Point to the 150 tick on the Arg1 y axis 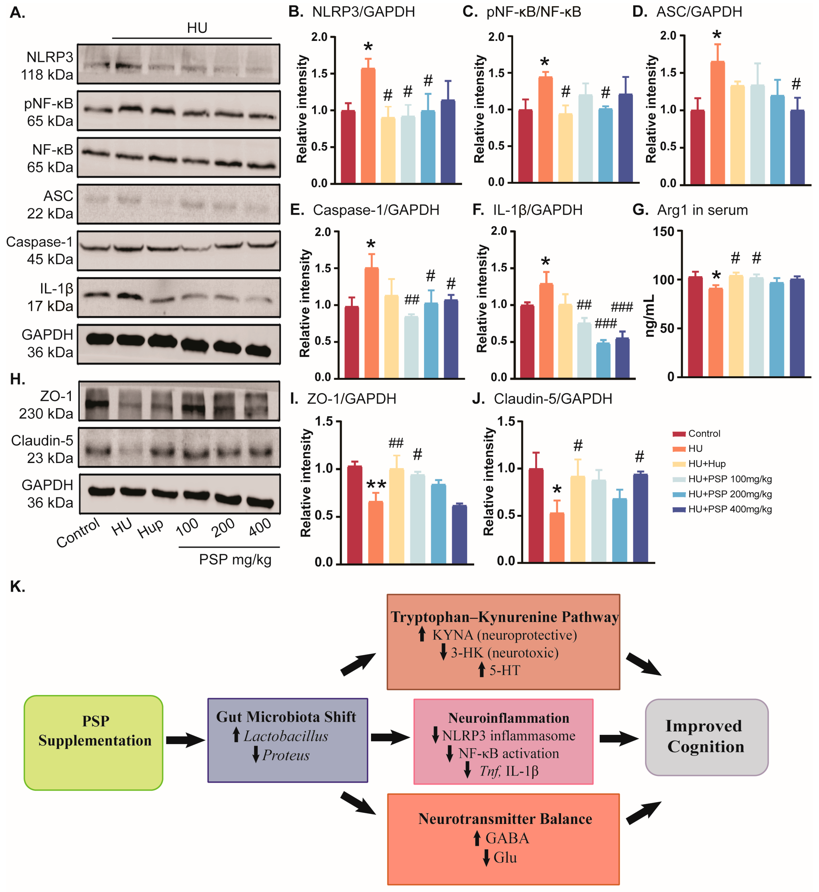point(663,232)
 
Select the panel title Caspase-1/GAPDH point(376,210)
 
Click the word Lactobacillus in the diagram point(286,736)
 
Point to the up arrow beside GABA point(477,838)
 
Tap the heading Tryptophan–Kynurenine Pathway point(504,617)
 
